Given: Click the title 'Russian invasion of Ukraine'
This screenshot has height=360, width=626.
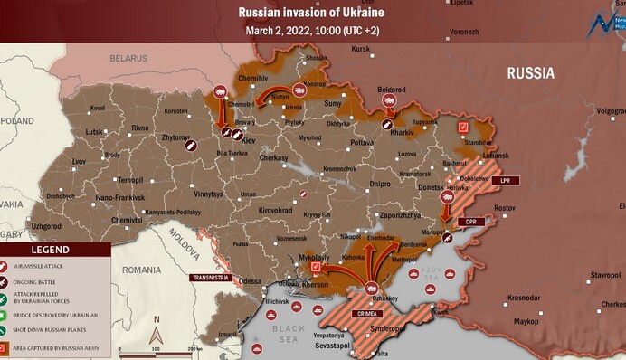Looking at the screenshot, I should point(311,12).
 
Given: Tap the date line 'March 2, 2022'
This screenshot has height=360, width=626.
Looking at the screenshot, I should point(311,30).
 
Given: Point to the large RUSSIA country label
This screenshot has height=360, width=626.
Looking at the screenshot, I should point(536,72).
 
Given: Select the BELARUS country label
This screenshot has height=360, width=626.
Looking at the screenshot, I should point(128,57).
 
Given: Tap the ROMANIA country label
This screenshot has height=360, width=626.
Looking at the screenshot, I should point(143,270).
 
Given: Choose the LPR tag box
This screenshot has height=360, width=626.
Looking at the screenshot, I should point(506,181).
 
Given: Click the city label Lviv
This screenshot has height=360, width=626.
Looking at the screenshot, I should point(80,161).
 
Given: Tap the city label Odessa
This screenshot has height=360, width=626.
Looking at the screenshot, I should point(251,281).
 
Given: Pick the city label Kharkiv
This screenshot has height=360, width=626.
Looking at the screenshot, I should point(402,132).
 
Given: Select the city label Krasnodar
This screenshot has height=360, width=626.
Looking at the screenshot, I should point(524,298).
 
